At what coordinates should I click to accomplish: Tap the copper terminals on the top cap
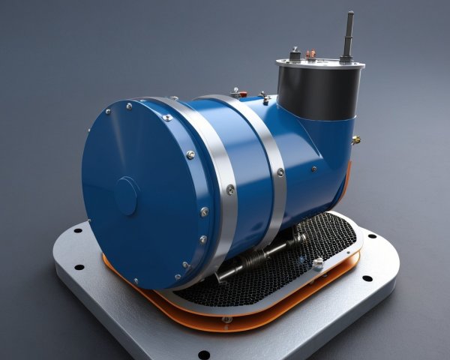pyautogui.click(x=311, y=54)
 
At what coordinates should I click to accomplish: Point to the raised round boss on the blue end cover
pyautogui.click(x=125, y=196)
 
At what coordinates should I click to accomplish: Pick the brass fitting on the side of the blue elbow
pyautogui.click(x=355, y=139)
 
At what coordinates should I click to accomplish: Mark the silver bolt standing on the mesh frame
pyautogui.click(x=318, y=262)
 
